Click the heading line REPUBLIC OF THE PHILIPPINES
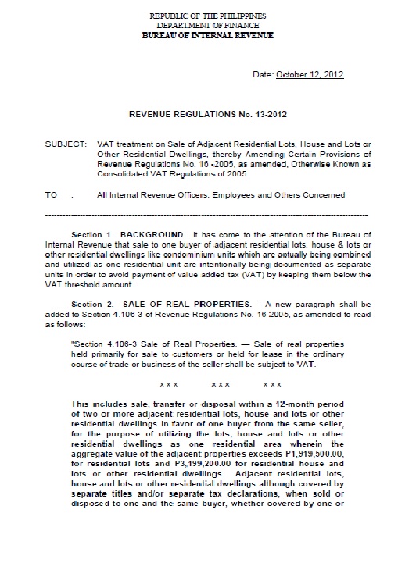(207, 15)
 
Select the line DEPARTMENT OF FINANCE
(207, 24)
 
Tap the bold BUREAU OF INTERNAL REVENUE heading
(207, 34)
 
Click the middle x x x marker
(221, 385)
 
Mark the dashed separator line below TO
(207, 213)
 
